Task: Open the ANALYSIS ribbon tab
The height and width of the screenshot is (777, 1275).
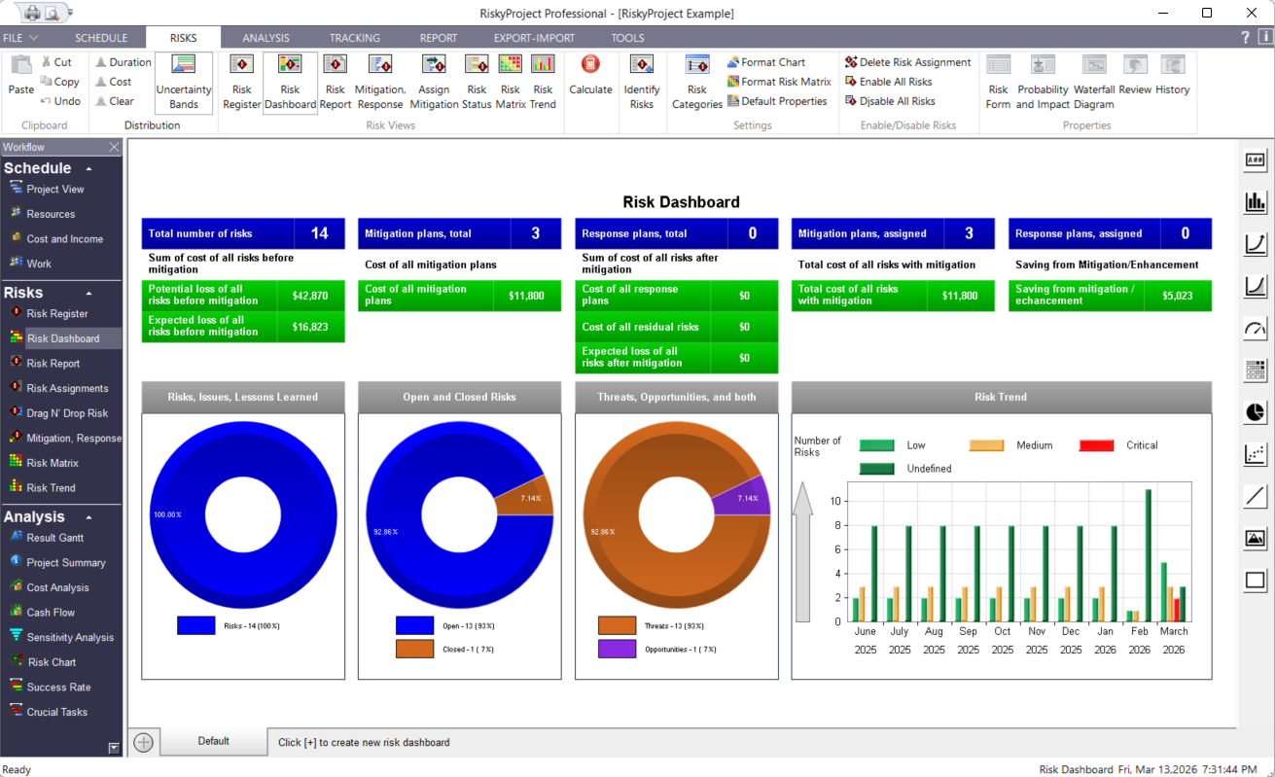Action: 266,38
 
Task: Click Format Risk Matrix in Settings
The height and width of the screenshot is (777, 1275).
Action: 779,82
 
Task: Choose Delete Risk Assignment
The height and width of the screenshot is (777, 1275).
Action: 908,62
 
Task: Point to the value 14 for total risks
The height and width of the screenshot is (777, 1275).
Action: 319,233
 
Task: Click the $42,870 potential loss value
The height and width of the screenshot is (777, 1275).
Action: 310,296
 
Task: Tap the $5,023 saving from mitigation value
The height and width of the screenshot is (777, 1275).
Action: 1177,296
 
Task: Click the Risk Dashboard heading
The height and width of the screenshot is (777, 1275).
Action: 681,202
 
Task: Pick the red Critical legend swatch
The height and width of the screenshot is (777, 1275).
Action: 1096,445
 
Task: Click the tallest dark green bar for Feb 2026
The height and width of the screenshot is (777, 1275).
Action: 1149,555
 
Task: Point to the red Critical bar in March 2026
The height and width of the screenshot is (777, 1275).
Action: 1177,610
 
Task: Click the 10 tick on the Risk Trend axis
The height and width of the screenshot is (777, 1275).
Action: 835,501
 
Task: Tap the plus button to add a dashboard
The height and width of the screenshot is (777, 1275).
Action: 143,742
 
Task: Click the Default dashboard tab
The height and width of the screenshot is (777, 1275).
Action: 213,741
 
